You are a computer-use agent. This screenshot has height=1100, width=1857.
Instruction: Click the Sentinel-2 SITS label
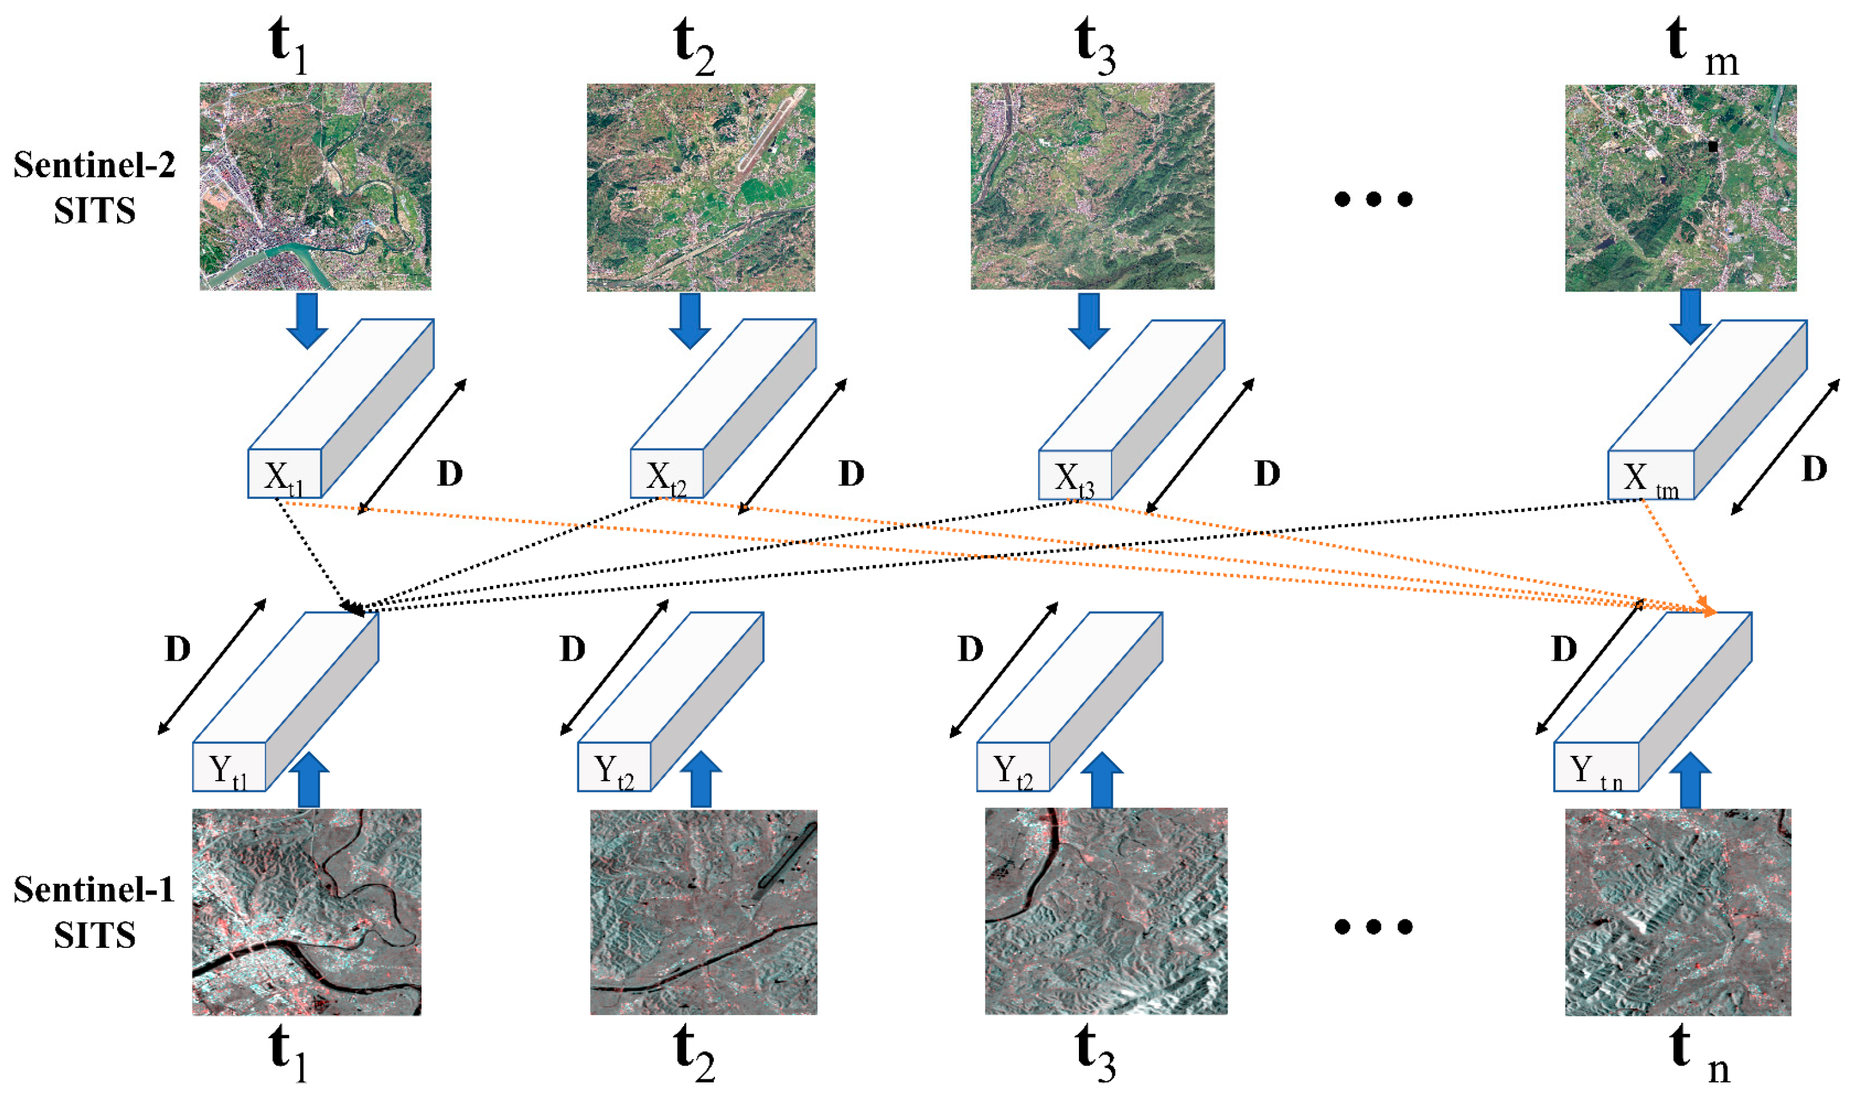(94, 187)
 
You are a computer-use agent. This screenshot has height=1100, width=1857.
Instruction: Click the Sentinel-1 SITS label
(94, 912)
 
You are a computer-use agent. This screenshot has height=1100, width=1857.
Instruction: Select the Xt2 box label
(666, 478)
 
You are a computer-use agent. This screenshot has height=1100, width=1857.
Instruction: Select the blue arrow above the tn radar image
(1690, 781)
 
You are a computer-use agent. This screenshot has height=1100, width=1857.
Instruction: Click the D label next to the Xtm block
(1815, 469)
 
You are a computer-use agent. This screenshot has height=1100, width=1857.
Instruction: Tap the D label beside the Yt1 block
(178, 649)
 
